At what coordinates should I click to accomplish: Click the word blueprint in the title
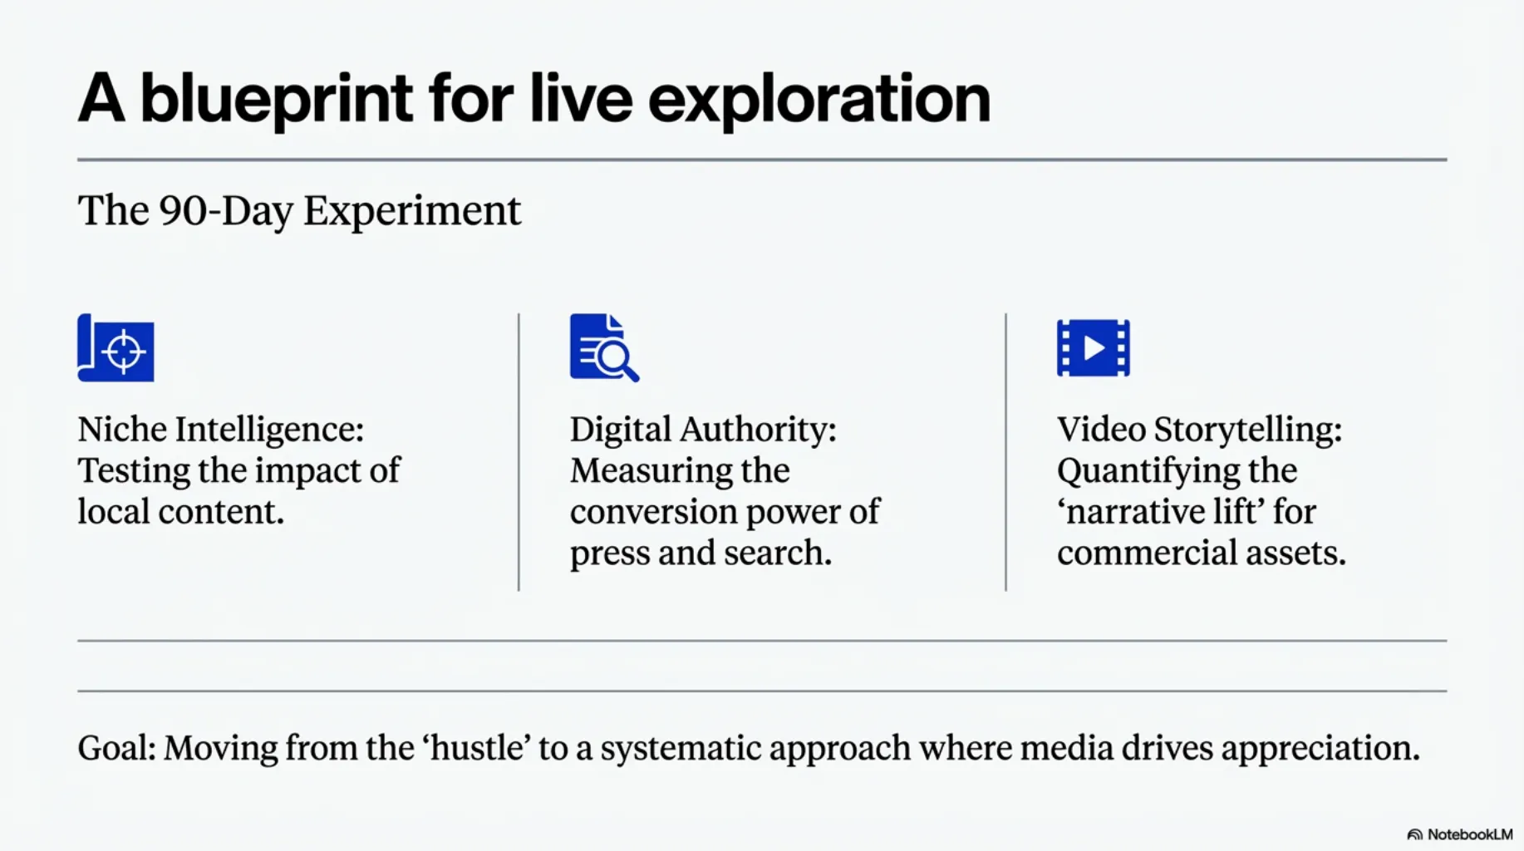click(276, 100)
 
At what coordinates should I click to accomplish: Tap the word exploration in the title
click(819, 100)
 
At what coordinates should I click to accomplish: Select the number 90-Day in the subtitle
click(225, 211)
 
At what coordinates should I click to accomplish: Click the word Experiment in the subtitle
click(412, 211)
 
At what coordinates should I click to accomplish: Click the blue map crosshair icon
click(116, 347)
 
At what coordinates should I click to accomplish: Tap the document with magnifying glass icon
click(604, 347)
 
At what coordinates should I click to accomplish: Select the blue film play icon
click(1093, 347)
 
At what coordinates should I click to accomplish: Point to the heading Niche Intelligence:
click(221, 430)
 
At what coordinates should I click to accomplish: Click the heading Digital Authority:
click(703, 430)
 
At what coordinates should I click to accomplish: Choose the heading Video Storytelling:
click(1199, 430)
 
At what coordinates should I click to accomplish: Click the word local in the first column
click(113, 511)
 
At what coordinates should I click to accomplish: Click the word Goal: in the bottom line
click(117, 748)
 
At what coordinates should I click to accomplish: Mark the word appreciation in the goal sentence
click(1320, 749)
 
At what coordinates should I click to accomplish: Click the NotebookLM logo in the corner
click(1460, 834)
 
